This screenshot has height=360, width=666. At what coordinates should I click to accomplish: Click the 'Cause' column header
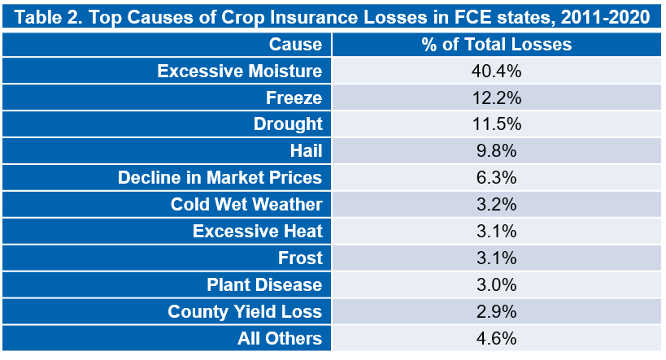click(x=295, y=45)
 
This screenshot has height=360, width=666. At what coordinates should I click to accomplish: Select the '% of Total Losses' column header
click(x=497, y=45)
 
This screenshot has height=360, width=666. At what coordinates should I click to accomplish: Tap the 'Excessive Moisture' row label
click(x=240, y=72)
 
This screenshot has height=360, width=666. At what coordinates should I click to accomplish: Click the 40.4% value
click(x=496, y=72)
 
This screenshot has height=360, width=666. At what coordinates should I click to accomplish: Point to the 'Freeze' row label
click(x=294, y=98)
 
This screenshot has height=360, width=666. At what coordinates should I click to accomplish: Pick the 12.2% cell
click(x=497, y=98)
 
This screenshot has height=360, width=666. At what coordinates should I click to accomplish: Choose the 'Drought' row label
click(x=288, y=124)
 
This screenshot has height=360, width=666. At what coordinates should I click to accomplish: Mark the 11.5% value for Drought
click(x=497, y=124)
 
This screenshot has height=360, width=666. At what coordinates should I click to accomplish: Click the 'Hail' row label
click(x=307, y=151)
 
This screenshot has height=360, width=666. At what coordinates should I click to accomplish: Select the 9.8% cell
click(x=497, y=151)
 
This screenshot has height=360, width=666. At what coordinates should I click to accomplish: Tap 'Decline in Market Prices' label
click(x=220, y=178)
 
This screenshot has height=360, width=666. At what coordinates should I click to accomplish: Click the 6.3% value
click(x=497, y=178)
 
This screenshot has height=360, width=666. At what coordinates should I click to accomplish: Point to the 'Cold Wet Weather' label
click(x=246, y=205)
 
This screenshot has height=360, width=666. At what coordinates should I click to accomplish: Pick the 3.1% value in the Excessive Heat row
click(x=497, y=232)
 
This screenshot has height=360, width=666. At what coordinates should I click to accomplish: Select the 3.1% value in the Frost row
click(x=497, y=258)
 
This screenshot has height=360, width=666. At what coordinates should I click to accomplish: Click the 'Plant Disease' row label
click(x=264, y=285)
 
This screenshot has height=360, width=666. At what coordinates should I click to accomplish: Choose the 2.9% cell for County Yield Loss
click(x=497, y=311)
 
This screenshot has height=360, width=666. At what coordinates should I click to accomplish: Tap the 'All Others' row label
click(x=280, y=338)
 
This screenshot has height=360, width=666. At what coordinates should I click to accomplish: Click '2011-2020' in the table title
click(x=605, y=17)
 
